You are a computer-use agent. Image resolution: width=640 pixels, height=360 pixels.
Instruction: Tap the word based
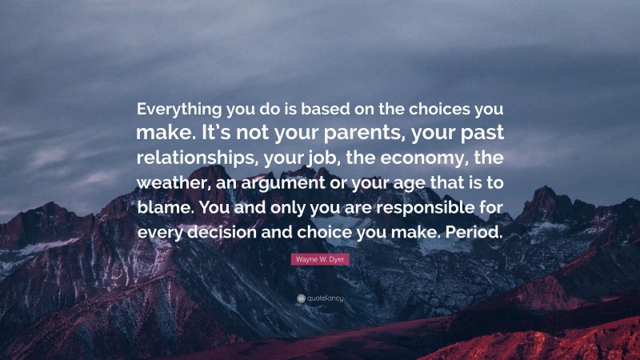(x=314, y=108)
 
